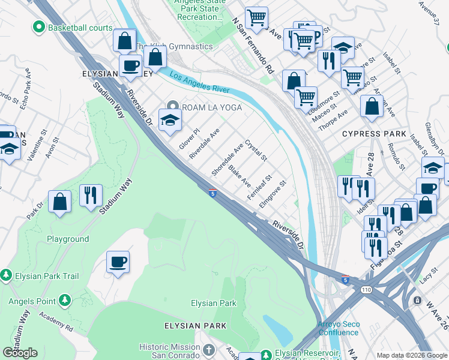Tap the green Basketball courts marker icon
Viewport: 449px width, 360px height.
40,28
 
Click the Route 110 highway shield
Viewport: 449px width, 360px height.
366,290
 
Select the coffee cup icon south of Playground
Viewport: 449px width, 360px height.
118,262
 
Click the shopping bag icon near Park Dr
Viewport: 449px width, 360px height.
60,202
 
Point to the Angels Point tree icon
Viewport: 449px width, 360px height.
65,299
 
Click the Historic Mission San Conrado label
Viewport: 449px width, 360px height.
169,351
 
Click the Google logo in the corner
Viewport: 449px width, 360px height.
20,353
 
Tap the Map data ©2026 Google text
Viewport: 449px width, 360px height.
411,355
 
